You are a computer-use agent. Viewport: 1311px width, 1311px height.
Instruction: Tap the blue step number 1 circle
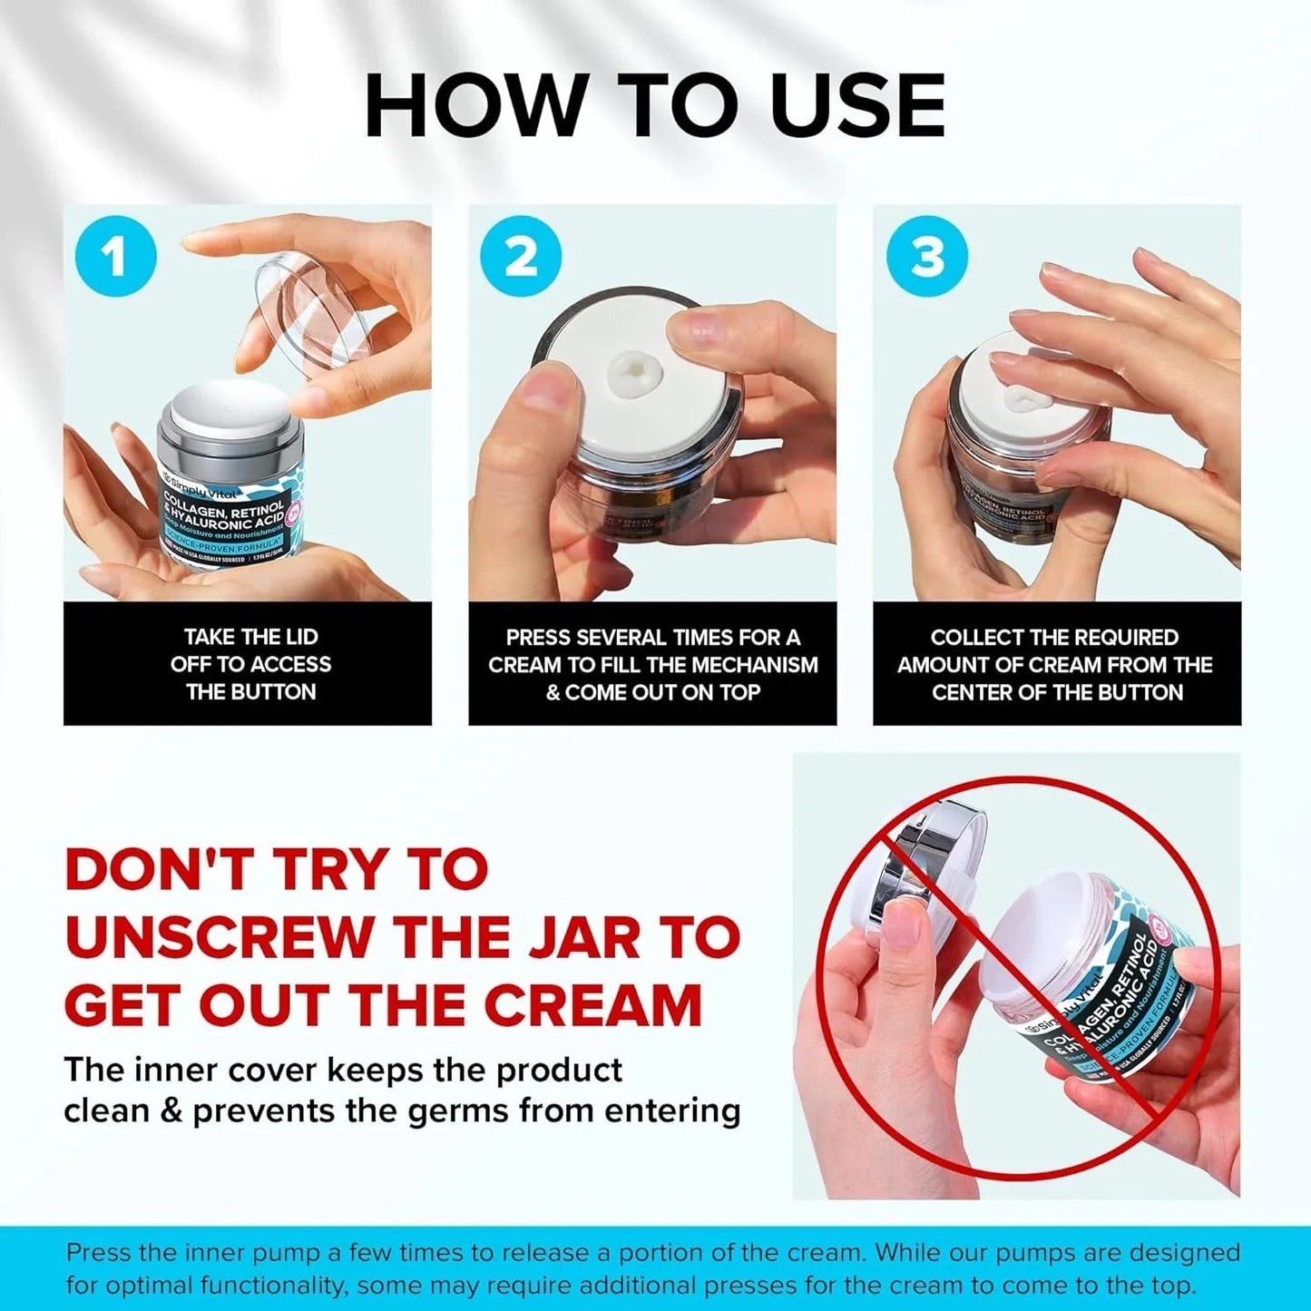coord(115,257)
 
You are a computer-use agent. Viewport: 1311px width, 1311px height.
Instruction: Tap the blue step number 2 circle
coord(521,257)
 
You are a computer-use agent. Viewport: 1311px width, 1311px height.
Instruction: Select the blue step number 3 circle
coord(926,257)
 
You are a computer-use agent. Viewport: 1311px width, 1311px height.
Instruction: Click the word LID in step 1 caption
coord(297,637)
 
